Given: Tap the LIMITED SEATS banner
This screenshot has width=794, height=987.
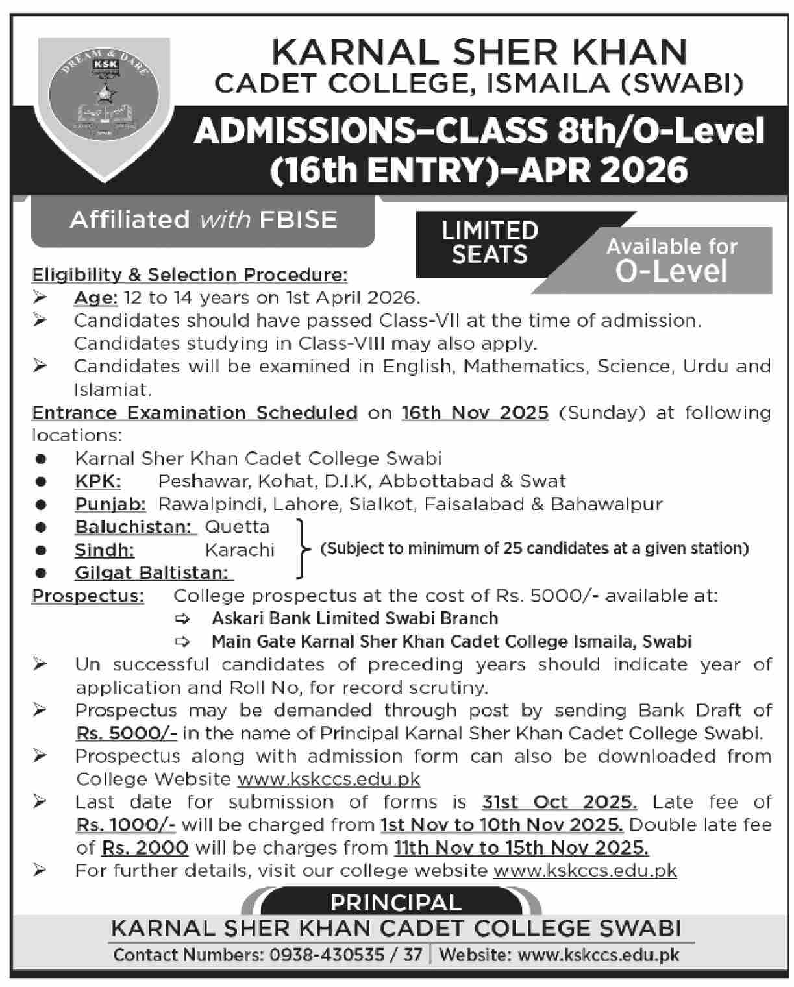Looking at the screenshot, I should coord(490,243).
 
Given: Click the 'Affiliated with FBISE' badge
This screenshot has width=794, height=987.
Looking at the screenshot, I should coord(203,220).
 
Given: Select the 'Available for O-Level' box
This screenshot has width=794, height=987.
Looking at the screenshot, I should coord(672,260).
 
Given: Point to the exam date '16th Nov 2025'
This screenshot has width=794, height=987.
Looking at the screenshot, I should coord(475,413).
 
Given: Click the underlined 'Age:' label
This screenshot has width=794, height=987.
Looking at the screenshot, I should coord(95,298).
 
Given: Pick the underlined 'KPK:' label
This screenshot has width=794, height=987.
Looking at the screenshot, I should coord(98,481).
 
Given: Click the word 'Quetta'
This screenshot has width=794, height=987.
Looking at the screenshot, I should coord(237,527).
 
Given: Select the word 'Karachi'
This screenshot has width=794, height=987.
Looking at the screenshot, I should coord(240,550).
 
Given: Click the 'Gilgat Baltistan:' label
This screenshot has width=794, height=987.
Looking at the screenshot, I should coord(154,573).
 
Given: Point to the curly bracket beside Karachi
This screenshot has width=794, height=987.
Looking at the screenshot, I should coord(301,549).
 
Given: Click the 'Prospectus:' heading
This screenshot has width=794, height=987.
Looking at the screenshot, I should coord(88,596).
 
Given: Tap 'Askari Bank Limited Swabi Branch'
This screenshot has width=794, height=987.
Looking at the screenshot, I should coord(354,618).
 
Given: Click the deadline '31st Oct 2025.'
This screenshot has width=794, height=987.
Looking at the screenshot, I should coord(559,802).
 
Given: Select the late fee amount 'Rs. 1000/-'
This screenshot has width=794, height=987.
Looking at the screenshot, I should coord(125,825).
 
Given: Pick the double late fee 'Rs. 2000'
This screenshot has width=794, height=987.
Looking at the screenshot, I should coord(145,848).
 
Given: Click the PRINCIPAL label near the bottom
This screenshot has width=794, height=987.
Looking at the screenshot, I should coord(396,903).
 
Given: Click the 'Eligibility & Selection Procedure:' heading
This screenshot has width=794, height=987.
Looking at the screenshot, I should coord(190,275).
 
